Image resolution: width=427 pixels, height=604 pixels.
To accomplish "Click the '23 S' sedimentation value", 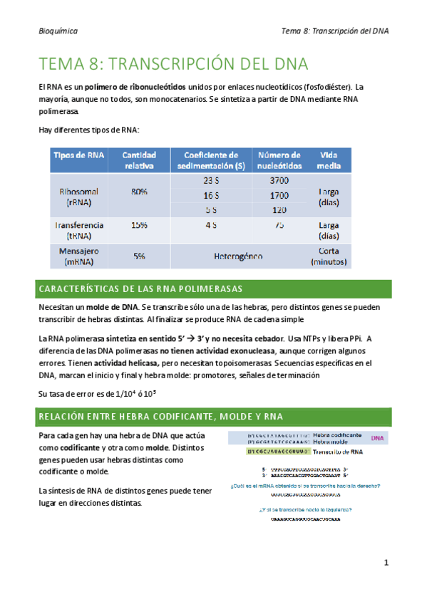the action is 211,180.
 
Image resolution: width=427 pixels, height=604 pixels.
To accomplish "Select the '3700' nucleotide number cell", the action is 279,180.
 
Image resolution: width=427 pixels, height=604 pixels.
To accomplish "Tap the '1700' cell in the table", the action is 279,194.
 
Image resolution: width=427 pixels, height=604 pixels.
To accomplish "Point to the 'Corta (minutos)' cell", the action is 329,256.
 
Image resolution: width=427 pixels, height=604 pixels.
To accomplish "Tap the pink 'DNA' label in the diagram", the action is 378,438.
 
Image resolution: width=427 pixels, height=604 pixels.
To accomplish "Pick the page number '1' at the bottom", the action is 386,563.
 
